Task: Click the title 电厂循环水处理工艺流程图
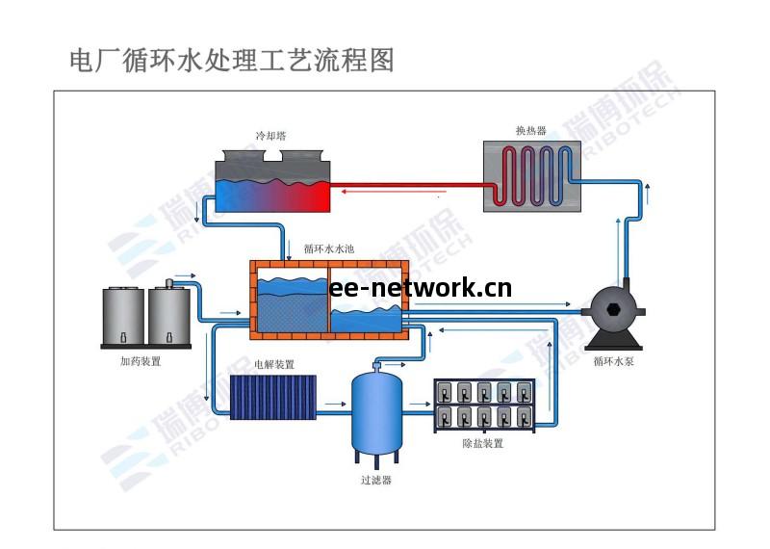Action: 232,60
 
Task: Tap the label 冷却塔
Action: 272,136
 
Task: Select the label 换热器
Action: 530,131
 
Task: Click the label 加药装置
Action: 141,362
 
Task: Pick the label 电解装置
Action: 274,365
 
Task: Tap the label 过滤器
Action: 376,480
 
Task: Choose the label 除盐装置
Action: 483,445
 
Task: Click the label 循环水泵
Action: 613,362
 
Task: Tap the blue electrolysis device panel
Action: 273,397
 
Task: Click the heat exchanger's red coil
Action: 530,173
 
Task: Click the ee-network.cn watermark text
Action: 421,287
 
